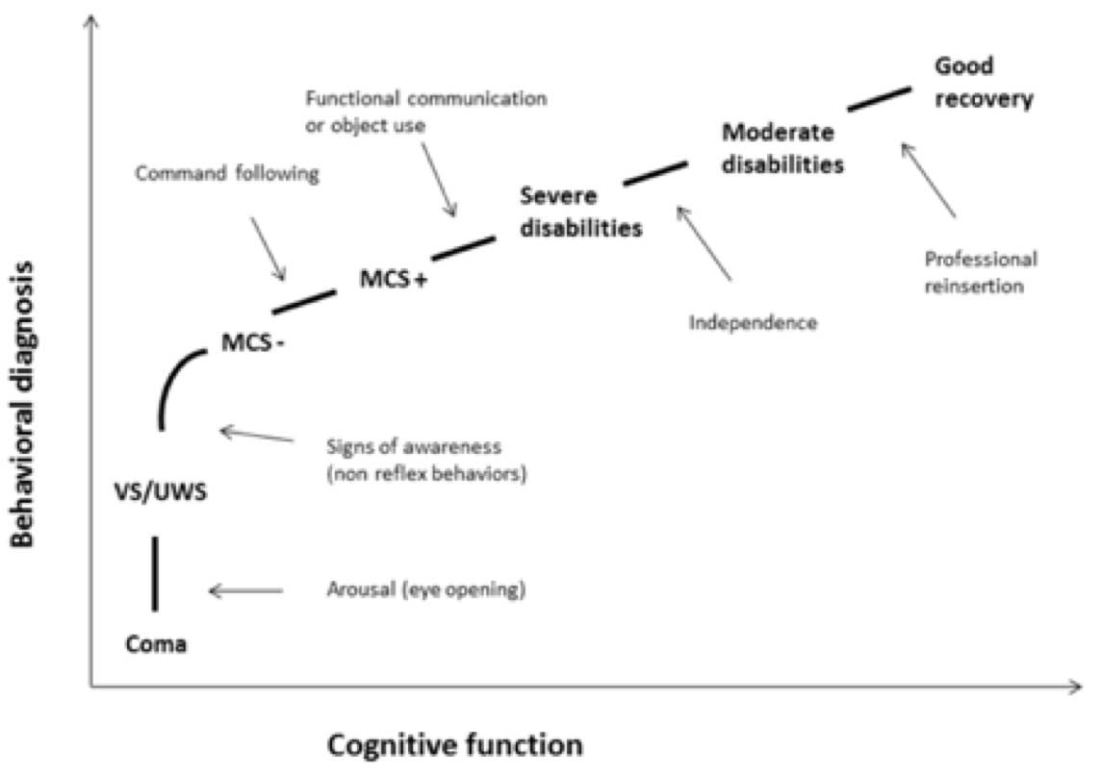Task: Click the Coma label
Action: point(156,644)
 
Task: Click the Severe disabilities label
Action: point(581,213)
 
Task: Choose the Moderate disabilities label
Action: point(782,148)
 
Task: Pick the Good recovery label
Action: point(984,83)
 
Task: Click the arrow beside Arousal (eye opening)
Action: point(246,591)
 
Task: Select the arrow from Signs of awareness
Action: point(256,436)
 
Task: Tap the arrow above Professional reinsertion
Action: point(928,180)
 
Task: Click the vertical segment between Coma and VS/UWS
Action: point(155,573)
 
